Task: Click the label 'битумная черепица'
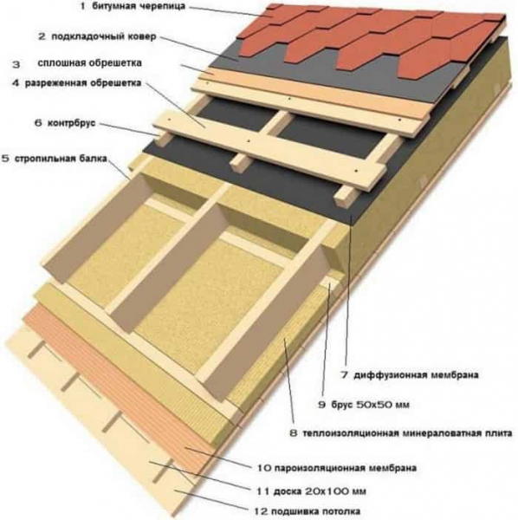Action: tap(138, 7)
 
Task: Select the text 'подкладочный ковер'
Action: tap(103, 36)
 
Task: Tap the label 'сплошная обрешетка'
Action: tap(90, 63)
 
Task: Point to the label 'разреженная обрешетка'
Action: tap(83, 83)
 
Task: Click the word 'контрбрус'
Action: tap(72, 123)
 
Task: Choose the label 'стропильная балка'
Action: tap(61, 159)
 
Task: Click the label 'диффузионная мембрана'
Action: tap(416, 375)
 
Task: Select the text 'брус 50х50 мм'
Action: tap(370, 405)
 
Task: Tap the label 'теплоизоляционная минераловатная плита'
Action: tap(407, 433)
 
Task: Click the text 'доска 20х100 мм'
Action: tap(320, 491)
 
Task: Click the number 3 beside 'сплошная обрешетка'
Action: tap(16, 65)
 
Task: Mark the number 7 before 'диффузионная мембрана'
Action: tap(345, 375)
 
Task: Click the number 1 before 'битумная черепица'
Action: tap(83, 7)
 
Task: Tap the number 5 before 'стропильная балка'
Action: tap(6, 159)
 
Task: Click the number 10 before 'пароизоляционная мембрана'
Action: tap(264, 468)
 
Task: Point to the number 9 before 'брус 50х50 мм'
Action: tap(322, 405)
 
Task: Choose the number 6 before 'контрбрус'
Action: tap(38, 123)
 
